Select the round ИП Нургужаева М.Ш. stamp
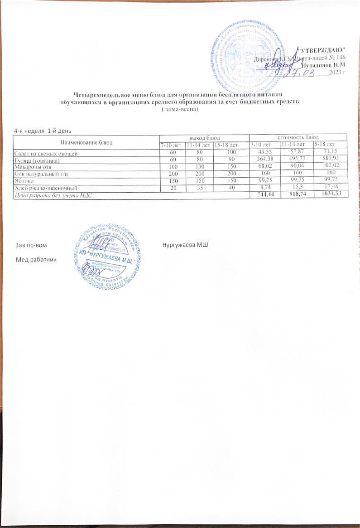coord(107,257)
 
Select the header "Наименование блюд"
coord(86,140)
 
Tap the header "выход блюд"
coord(204,137)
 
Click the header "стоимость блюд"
coord(298,137)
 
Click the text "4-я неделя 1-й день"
coord(43,131)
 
